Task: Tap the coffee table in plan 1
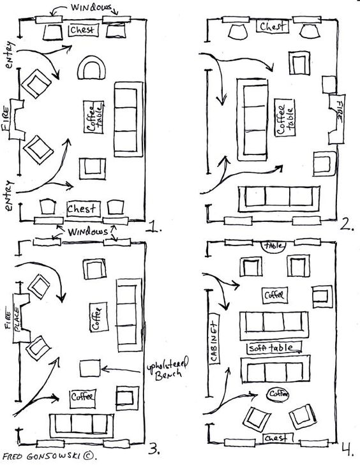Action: tap(94, 117)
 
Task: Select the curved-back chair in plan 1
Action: tap(91, 68)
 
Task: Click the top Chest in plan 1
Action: tap(84, 30)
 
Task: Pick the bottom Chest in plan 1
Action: tap(84, 209)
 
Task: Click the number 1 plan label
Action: tap(154, 227)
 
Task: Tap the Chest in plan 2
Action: tap(273, 26)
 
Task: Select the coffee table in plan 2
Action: tap(285, 117)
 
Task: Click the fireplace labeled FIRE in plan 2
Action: tap(337, 119)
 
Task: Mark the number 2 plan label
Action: tap(347, 225)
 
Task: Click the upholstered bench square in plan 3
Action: tap(90, 368)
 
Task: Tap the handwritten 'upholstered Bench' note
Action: tap(168, 369)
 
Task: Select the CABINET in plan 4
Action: tap(214, 338)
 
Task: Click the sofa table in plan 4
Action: tap(274, 348)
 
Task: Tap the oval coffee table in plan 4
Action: tap(278, 394)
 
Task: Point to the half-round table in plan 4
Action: tap(274, 247)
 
